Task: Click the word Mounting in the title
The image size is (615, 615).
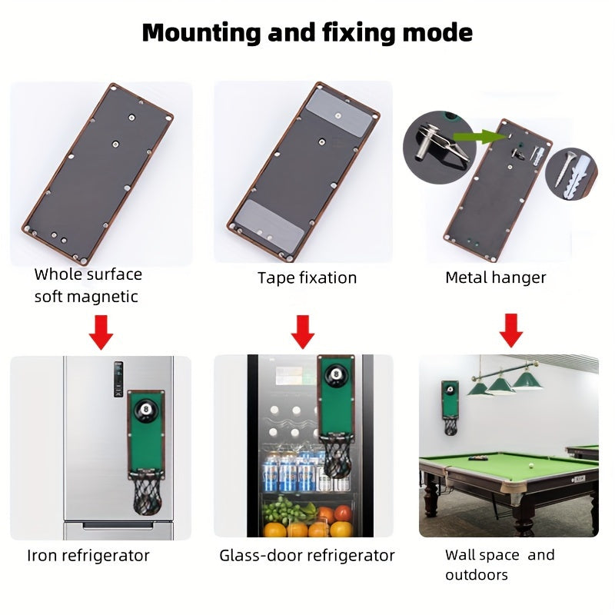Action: click(201, 33)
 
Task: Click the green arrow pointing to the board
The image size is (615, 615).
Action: click(478, 137)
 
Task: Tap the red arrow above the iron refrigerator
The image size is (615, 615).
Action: click(101, 332)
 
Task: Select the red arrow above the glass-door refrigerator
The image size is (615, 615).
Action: click(302, 332)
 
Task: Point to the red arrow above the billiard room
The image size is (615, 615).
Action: click(510, 331)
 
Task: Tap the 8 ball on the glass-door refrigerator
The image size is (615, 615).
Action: click(335, 374)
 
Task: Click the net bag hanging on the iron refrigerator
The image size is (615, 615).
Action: click(147, 493)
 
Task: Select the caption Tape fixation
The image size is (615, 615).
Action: click(307, 278)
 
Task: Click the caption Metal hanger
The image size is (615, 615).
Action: click(495, 278)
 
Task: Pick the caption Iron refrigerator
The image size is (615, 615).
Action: click(88, 555)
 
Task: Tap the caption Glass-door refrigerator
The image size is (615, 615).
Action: click(307, 555)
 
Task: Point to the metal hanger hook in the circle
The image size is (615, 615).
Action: click(441, 145)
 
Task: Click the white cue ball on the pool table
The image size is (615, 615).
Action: click(531, 466)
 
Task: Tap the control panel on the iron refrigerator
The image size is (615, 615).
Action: click(118, 379)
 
